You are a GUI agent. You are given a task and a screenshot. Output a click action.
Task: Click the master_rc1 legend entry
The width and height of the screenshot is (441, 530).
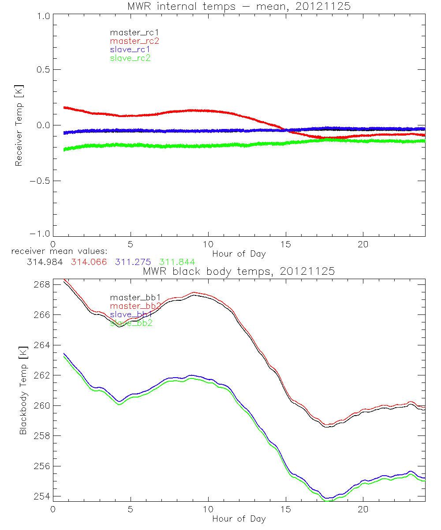click(131, 33)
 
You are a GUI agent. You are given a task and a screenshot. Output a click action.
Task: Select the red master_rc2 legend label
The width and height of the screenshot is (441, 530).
click(134, 41)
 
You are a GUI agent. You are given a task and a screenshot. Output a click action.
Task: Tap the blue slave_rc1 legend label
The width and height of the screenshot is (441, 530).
click(130, 49)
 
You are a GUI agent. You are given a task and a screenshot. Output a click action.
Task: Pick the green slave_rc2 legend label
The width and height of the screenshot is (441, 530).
click(130, 58)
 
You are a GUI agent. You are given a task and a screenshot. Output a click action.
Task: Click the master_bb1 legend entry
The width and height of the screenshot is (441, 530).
click(131, 298)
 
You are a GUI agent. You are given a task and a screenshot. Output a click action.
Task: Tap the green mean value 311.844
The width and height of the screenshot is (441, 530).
click(176, 262)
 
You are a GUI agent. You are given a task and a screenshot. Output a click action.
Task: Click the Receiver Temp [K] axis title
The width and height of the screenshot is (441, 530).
click(19, 126)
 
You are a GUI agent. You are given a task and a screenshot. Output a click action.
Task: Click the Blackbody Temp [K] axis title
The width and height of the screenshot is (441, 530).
click(23, 390)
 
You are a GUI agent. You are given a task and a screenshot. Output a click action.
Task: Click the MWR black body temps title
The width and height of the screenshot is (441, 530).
click(239, 272)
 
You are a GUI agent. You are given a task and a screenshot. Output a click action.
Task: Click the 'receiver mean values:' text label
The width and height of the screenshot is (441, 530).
click(56, 251)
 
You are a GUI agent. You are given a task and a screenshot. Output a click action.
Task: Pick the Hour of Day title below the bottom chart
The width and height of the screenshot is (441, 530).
click(239, 519)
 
